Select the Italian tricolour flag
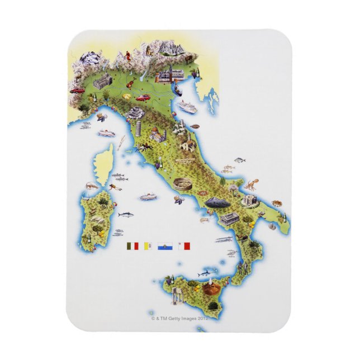(133, 245)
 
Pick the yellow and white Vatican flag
(149, 245)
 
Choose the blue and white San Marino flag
(165, 245)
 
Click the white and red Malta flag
(184, 245)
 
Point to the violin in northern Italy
(129, 84)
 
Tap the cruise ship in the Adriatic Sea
(188, 106)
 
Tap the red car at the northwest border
(77, 89)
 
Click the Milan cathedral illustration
(103, 83)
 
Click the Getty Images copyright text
(179, 318)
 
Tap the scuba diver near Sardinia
(116, 176)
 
